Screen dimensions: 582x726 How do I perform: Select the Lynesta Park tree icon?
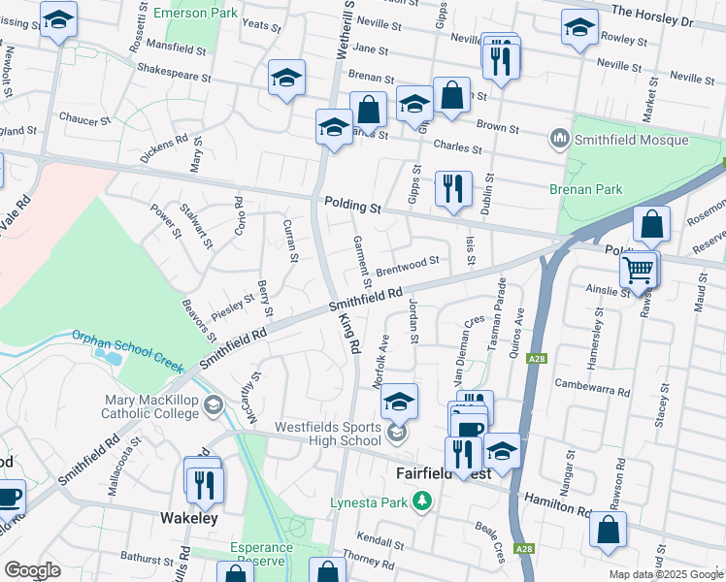point(421,501)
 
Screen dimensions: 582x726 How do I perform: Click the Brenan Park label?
point(585,190)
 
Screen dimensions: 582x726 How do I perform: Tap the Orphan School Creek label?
point(127,351)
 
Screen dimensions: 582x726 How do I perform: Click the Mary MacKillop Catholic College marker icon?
point(214,411)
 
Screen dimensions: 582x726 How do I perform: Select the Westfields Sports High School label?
point(328,433)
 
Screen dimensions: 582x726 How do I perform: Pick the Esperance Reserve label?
point(261,554)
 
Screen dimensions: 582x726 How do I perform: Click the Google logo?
point(32,569)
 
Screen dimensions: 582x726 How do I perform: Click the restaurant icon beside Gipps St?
point(453,189)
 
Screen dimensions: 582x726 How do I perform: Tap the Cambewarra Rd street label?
point(593,387)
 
